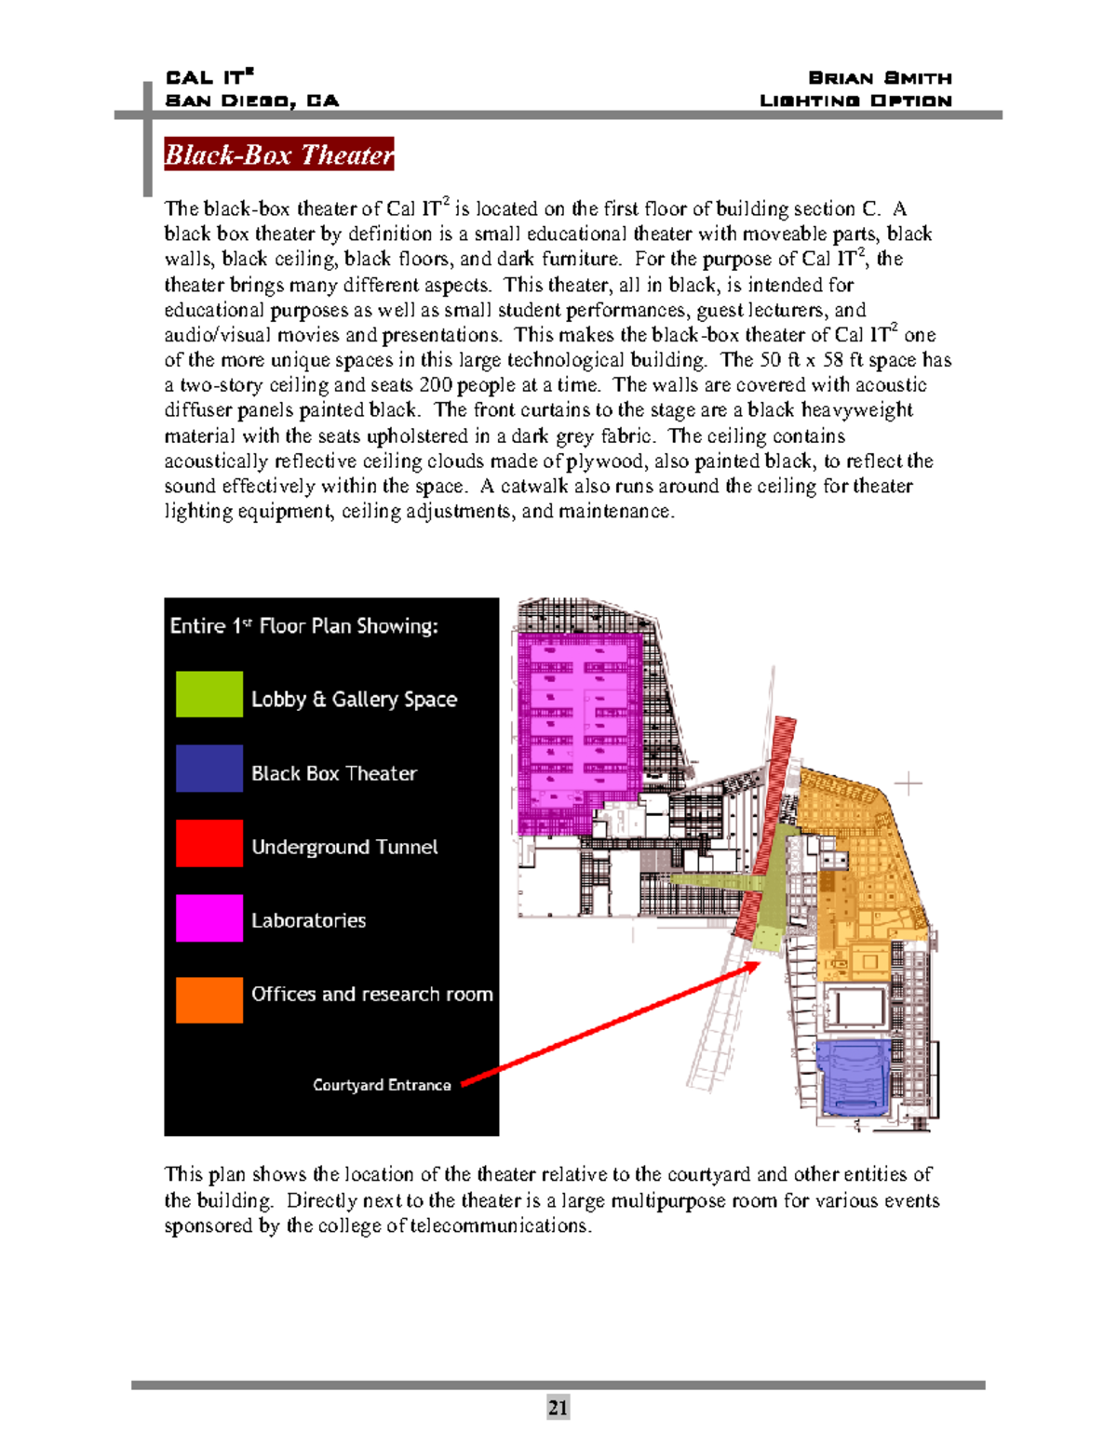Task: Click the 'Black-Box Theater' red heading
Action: [278, 154]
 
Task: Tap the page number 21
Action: [558, 1407]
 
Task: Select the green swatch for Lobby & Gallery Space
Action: [209, 694]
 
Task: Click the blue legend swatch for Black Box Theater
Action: [209, 769]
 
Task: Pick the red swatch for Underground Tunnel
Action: [209, 843]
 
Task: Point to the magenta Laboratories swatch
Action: [209, 918]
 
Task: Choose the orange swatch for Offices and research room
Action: [209, 1000]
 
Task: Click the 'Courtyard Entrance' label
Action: [382, 1085]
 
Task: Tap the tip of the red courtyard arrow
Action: [758, 965]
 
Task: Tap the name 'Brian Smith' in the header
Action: [880, 78]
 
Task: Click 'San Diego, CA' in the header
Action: [251, 100]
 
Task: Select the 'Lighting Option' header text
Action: [855, 100]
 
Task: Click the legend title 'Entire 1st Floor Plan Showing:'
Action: [303, 626]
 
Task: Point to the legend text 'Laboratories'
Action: [308, 920]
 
